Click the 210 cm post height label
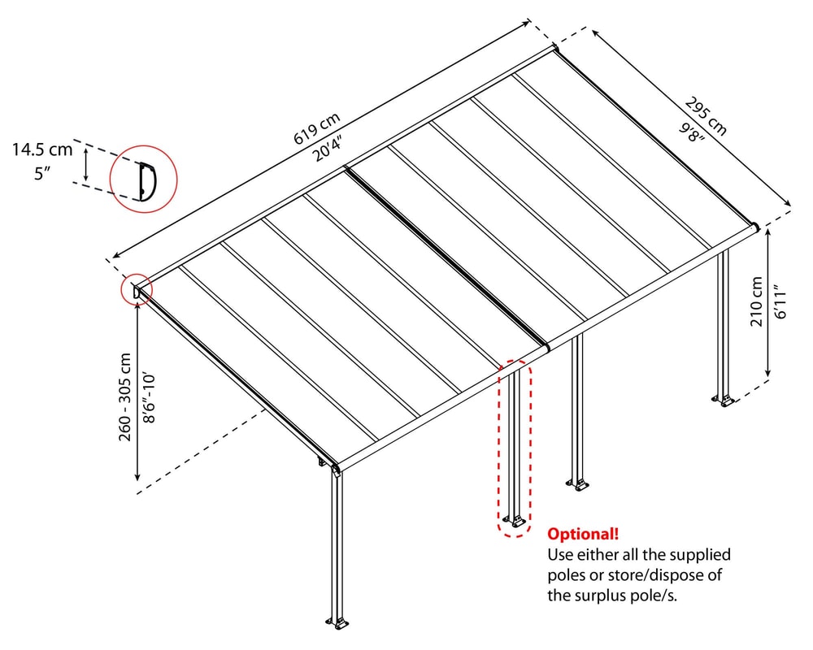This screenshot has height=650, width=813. click(757, 301)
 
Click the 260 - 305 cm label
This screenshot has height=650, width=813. click(125, 396)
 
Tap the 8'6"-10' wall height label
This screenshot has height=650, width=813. click(148, 396)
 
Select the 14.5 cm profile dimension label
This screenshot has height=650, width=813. click(41, 149)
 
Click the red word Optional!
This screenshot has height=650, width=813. click(582, 535)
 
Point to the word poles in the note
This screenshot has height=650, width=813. click(567, 576)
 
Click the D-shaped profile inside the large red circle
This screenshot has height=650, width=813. click(146, 180)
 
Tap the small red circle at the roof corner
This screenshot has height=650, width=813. click(135, 289)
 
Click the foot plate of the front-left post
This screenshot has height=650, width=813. click(338, 625)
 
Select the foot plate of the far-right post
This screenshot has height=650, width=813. click(724, 401)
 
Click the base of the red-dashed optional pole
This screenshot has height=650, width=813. click(513, 520)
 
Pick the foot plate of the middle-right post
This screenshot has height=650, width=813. click(579, 486)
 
